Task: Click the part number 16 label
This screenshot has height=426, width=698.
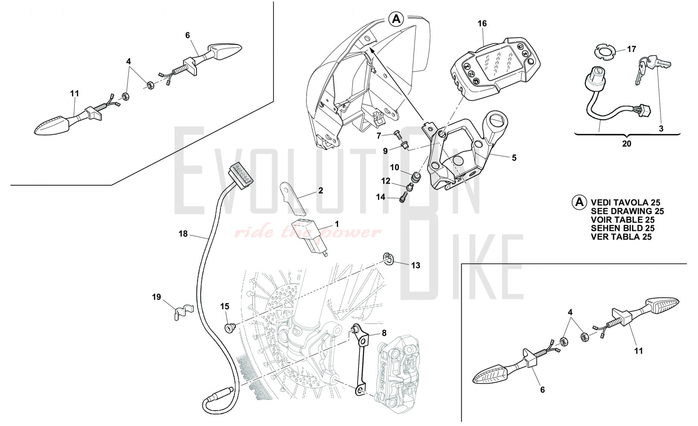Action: point(482,23)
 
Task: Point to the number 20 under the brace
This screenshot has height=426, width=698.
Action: point(626,144)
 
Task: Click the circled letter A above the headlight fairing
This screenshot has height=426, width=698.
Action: point(396,19)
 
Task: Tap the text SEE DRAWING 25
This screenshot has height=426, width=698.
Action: point(627,211)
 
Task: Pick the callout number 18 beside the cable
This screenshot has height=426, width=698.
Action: point(183,234)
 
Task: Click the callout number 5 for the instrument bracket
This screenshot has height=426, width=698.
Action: point(514,158)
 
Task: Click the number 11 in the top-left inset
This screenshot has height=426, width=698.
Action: point(74,94)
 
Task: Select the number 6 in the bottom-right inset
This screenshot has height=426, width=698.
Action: point(542,390)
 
